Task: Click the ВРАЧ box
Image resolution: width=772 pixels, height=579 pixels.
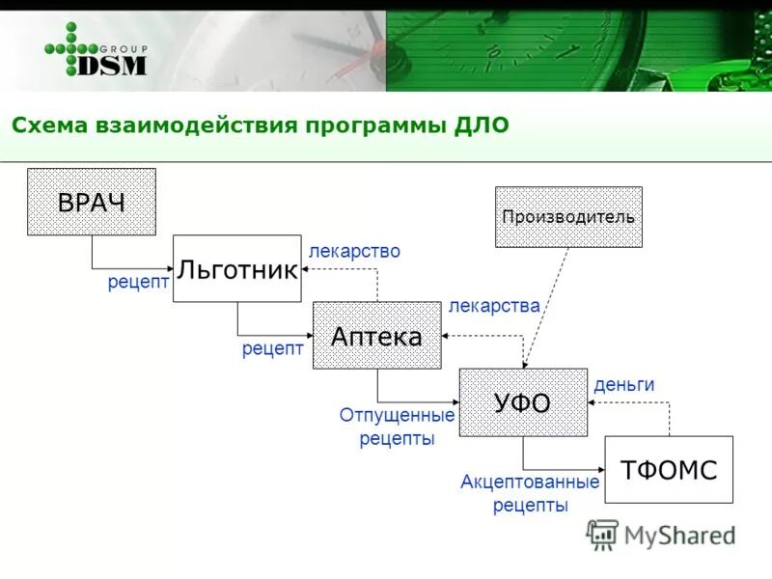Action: (91, 202)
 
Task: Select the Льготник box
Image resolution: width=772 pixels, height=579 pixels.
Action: (236, 268)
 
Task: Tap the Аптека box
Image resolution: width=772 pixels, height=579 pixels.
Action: (376, 335)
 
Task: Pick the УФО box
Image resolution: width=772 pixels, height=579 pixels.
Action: (522, 401)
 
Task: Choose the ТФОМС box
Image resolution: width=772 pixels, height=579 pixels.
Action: (668, 469)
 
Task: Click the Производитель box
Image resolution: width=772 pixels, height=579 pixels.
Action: (568, 216)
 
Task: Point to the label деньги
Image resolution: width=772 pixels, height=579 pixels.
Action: (623, 384)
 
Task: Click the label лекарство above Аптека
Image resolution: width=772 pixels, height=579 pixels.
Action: (354, 251)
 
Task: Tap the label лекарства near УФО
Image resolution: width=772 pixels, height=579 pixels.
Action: (494, 306)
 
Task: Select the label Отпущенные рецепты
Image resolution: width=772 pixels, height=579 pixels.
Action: (397, 427)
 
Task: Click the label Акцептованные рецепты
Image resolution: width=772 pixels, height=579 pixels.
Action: (530, 492)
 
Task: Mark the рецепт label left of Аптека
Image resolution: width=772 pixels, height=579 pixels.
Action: (273, 348)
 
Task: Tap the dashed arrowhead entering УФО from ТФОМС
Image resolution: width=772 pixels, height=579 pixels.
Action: (592, 402)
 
